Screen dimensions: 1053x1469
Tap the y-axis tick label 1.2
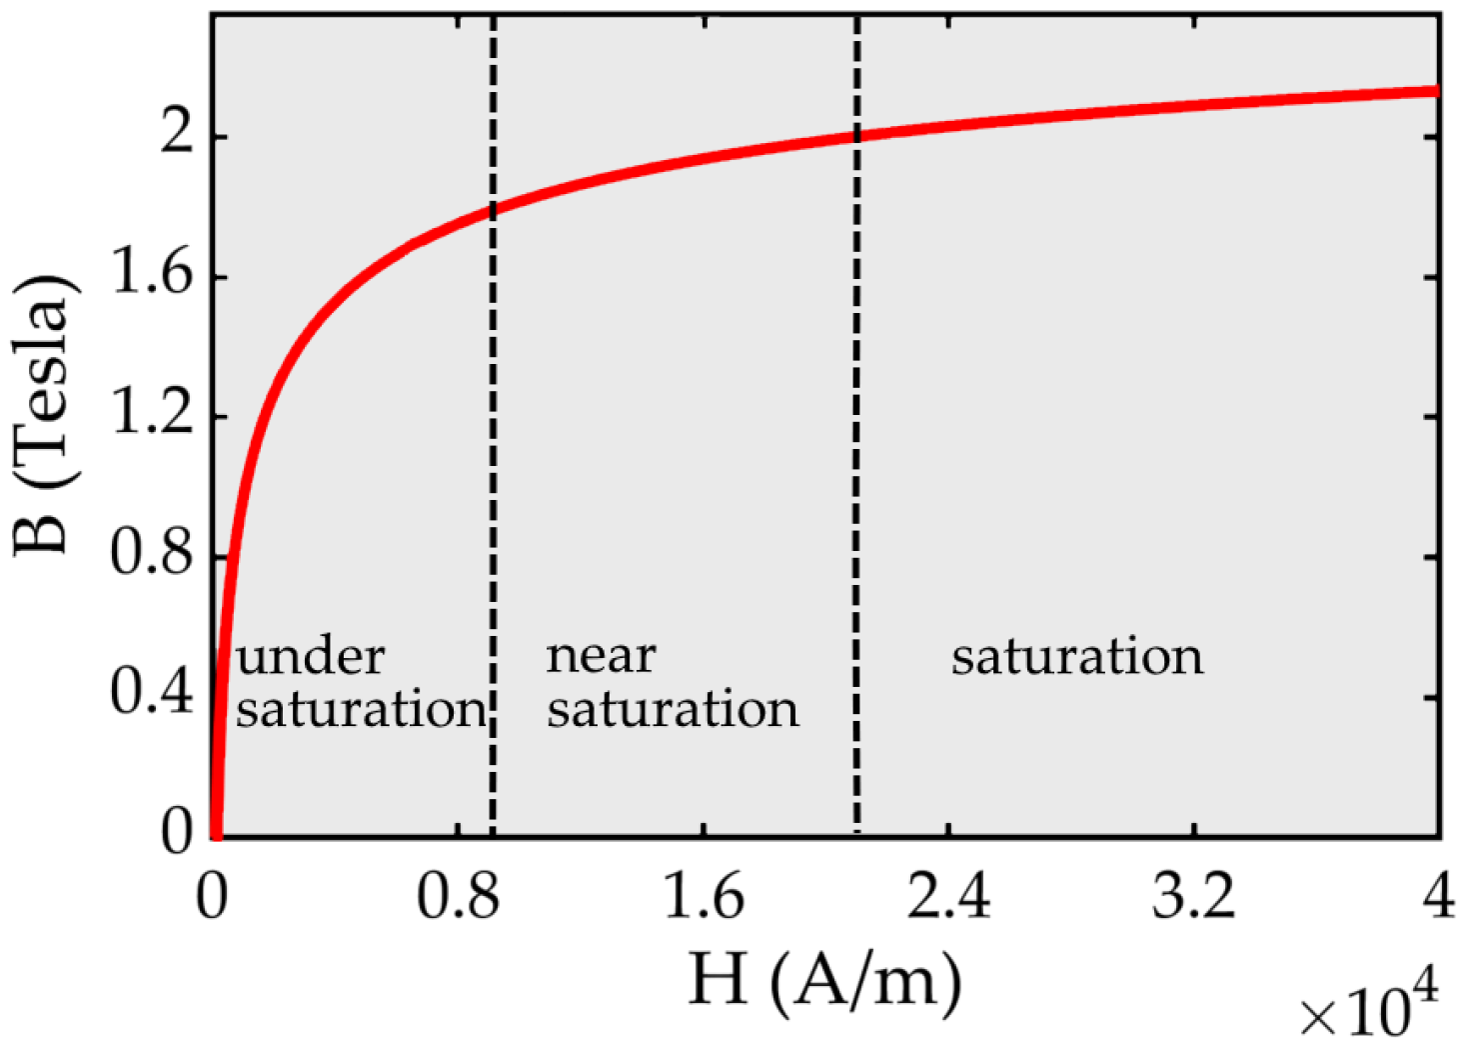pos(151,414)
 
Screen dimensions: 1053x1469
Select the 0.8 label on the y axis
pos(151,553)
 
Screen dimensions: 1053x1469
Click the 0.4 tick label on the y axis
pos(151,693)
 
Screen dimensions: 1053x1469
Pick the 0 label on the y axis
pos(176,832)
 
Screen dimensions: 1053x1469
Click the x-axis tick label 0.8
pos(457,897)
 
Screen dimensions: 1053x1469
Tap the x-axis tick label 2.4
pos(948,897)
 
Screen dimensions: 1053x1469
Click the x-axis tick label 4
pos(1439,897)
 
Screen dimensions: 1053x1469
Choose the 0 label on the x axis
pos(212,897)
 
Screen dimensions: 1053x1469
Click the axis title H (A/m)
pos(824,980)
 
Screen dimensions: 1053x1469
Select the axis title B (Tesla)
pos(44,415)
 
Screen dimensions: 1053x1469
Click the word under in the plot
pos(310,658)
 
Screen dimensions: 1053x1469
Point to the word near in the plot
pos(601,658)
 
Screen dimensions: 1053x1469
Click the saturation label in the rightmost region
pos(1077,658)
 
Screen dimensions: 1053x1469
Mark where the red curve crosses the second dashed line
pos(856,135)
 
